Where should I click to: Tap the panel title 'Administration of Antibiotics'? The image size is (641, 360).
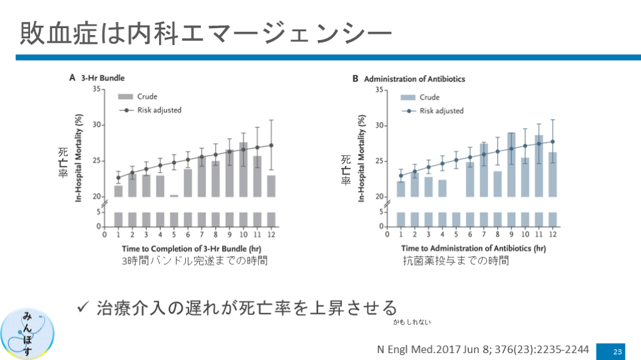(x=414, y=79)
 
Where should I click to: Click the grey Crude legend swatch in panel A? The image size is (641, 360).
(x=125, y=97)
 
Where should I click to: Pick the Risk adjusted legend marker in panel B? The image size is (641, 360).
(x=408, y=111)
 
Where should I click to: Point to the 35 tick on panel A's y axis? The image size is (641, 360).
(x=96, y=90)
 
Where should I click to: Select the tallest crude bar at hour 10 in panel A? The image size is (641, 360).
(x=244, y=169)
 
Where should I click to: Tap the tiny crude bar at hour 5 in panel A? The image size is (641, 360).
(x=174, y=196)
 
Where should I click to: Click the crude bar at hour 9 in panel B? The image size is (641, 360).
(x=511, y=164)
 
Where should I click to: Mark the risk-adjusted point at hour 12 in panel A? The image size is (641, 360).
(x=271, y=145)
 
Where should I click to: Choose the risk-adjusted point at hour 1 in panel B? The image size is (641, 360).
(x=401, y=175)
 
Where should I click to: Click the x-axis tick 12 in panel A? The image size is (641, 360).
(x=271, y=236)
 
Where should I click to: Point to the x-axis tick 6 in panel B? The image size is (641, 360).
(x=470, y=236)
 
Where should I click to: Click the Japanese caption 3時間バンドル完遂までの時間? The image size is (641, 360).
(x=195, y=261)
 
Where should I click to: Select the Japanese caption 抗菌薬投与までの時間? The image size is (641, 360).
(x=456, y=261)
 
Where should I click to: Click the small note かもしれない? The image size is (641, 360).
(x=413, y=322)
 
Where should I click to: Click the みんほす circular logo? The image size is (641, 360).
(x=28, y=334)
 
